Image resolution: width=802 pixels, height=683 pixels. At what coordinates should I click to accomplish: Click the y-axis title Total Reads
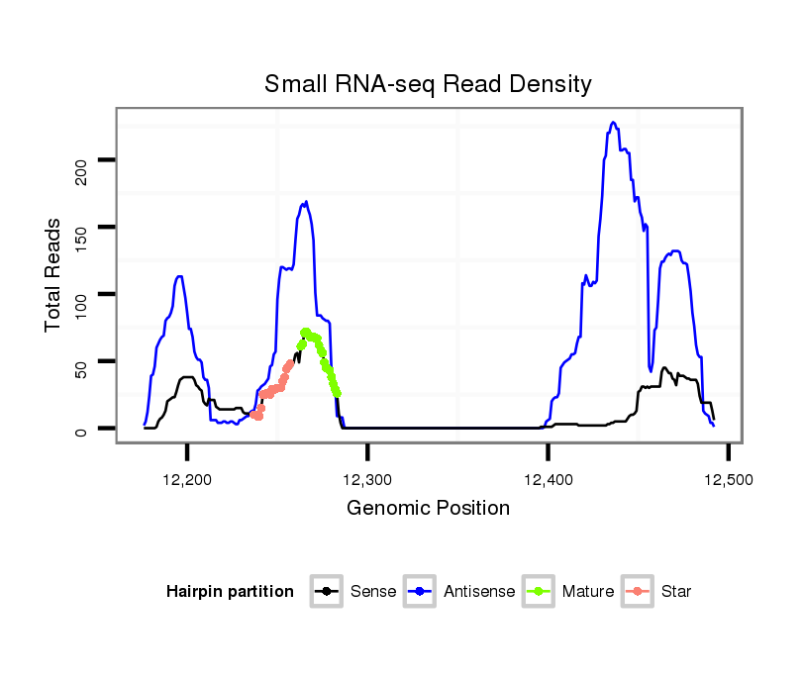[x=53, y=275]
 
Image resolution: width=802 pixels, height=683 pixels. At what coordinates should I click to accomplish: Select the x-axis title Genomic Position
[x=428, y=509]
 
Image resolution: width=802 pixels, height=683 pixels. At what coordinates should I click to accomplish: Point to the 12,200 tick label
[x=188, y=479]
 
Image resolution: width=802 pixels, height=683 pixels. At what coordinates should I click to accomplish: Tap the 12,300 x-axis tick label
[x=368, y=479]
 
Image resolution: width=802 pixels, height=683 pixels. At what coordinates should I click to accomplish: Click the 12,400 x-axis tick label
[x=549, y=479]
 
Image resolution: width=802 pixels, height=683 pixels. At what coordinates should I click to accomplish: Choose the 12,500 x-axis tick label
[x=729, y=479]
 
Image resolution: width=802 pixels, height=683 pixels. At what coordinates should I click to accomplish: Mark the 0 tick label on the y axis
[x=81, y=430]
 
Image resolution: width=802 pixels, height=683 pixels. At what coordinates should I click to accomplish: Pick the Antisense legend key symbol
[x=419, y=592]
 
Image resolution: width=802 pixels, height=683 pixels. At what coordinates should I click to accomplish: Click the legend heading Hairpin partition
[x=230, y=592]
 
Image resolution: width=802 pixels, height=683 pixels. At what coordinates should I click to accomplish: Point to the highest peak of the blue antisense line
[x=614, y=123]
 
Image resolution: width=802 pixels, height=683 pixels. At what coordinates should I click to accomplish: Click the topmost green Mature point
[x=306, y=333]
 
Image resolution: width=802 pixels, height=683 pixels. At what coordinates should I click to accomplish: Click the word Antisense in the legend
[x=479, y=592]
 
